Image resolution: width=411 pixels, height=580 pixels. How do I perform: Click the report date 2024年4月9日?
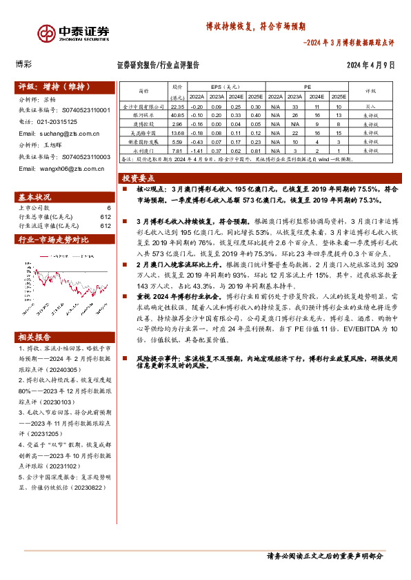click(x=370, y=65)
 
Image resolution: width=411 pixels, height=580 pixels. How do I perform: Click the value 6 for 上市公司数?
click(x=108, y=207)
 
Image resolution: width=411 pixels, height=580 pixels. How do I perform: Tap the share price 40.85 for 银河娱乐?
click(x=177, y=116)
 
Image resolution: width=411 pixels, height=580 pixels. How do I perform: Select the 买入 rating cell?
click(x=370, y=107)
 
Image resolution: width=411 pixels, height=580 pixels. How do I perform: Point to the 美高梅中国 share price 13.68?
click(x=177, y=133)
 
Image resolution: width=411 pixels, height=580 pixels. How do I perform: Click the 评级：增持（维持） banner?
click(x=54, y=87)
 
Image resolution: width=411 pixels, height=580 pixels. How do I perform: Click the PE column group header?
click(x=308, y=87)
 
